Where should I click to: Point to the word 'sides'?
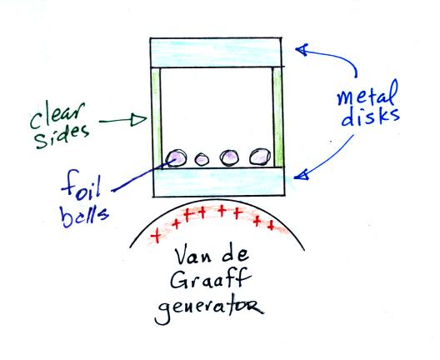tap(62, 137)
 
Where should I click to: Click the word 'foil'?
tap(81, 184)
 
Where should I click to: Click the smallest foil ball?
tap(202, 160)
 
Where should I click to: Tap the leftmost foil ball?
tap(176, 158)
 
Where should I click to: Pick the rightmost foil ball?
tap(260, 157)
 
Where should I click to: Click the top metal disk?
tap(216, 52)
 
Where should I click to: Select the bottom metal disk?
tap(219, 182)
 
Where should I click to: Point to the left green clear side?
tap(156, 117)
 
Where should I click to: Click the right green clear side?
tap(277, 117)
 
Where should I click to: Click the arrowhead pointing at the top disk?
tap(302, 50)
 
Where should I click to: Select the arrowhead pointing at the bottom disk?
tap(302, 174)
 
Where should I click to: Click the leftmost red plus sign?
tap(156, 236)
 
